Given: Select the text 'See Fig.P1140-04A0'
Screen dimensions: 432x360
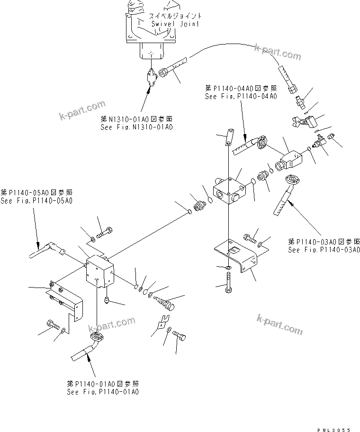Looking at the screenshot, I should [241, 96].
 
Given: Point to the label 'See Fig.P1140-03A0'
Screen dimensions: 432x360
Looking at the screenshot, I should [324, 250].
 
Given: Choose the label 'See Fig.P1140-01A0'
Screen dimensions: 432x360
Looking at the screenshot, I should [103, 392].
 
